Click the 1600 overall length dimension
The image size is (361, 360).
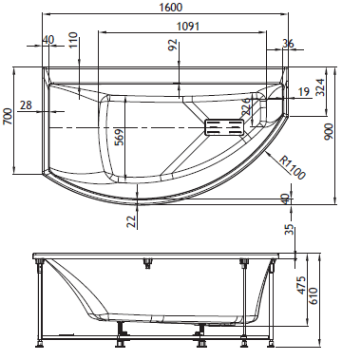171,8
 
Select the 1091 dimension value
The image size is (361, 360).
188,26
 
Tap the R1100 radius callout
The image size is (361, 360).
293,167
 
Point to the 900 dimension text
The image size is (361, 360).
329,132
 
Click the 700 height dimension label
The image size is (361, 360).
8,117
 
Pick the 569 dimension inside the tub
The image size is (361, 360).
119,137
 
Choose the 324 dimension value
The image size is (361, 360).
320,87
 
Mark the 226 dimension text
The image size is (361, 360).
246,106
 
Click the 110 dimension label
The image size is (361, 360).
73,40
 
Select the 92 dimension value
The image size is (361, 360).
173,47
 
